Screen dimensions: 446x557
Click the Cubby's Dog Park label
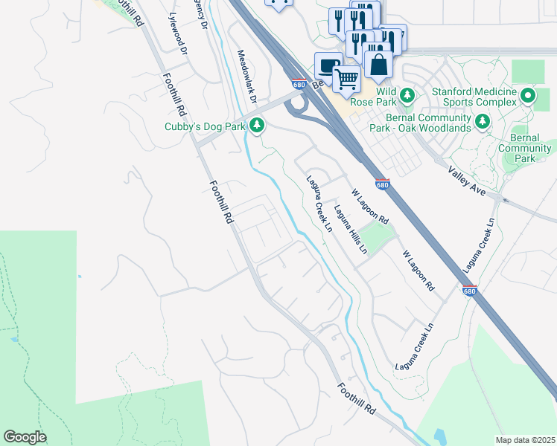205,126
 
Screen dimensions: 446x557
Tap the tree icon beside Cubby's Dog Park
257,125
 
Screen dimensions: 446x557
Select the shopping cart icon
346,77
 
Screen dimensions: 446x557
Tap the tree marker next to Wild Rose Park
407,95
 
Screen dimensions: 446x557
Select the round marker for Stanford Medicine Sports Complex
528,95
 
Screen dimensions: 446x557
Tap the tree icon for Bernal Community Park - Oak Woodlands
483,120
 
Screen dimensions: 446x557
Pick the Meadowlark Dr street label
246,77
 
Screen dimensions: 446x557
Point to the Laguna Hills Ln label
350,230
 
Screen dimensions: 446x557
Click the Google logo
25,437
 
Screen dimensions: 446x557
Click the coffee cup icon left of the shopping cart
328,65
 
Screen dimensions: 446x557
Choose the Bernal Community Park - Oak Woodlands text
421,121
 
